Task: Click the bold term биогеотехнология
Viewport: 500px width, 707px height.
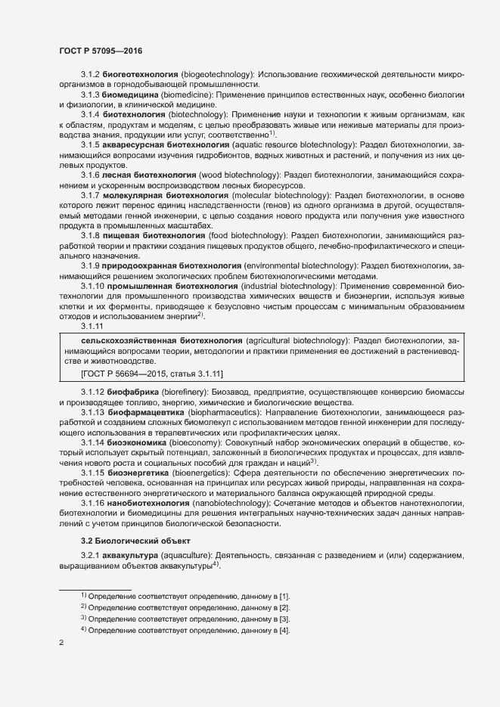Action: pyautogui.click(x=140, y=76)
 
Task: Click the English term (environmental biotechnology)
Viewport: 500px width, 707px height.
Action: pyautogui.click(x=302, y=265)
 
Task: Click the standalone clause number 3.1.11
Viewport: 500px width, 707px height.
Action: pyautogui.click(x=92, y=326)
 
